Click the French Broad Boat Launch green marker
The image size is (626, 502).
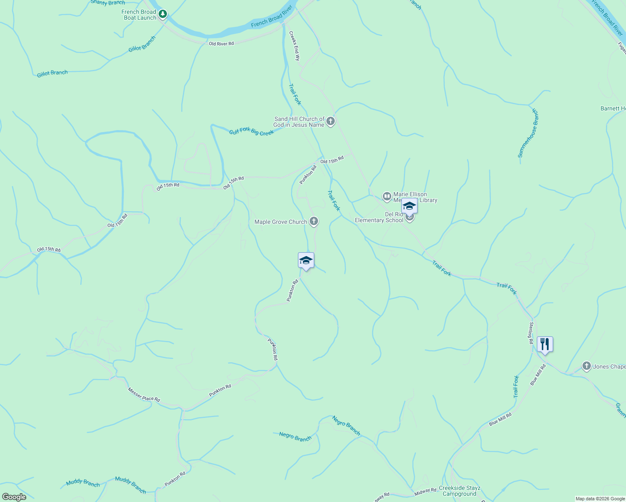click(163, 14)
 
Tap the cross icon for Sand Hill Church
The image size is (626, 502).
click(331, 122)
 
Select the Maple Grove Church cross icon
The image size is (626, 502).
click(314, 222)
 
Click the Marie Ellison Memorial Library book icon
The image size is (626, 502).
click(387, 196)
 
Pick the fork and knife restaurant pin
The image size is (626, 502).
click(544, 344)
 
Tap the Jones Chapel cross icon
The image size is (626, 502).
click(587, 366)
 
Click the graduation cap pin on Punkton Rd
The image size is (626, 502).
click(306, 261)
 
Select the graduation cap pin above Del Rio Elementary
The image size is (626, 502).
click(409, 206)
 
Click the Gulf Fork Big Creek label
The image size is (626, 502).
click(251, 132)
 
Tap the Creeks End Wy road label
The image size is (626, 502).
click(295, 46)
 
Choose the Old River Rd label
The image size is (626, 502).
click(221, 44)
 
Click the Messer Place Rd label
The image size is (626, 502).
click(144, 395)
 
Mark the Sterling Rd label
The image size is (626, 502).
click(531, 333)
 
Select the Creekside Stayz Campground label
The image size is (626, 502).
click(459, 491)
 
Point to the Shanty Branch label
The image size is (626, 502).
click(108, 3)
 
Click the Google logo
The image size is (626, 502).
click(14, 497)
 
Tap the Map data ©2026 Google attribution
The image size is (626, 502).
click(600, 499)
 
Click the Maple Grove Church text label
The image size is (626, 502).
click(281, 222)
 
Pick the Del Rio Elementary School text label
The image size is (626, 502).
click(379, 218)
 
